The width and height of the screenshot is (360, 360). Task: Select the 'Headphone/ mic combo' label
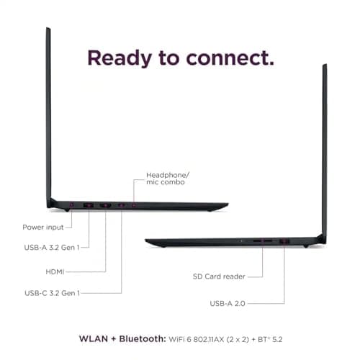pos(168,179)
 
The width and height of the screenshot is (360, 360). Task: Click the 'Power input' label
pos(43,227)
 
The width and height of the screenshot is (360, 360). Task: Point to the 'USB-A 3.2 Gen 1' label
pos(52,247)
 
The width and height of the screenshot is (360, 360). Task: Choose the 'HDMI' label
pos(55,271)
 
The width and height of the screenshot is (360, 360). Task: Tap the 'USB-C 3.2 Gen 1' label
pos(52,293)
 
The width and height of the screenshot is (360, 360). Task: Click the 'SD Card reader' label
pos(219,276)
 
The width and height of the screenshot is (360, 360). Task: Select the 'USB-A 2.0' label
pos(228,304)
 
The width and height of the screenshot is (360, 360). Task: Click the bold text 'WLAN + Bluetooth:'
pos(122,339)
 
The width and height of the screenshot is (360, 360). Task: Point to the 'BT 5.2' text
pos(270,339)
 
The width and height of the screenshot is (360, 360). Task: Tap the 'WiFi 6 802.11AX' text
pos(197,339)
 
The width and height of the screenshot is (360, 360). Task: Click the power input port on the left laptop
pos(71,204)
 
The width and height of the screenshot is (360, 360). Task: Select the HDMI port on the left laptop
pos(105,205)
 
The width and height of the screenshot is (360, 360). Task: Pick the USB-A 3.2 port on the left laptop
pos(89,205)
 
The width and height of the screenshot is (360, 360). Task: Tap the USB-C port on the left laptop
pos(121,205)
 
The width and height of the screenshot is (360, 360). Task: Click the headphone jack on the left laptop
pos(134,205)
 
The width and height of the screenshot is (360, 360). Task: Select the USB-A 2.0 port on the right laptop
pos(284,241)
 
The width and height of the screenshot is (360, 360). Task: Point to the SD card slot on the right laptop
pos(263,240)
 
